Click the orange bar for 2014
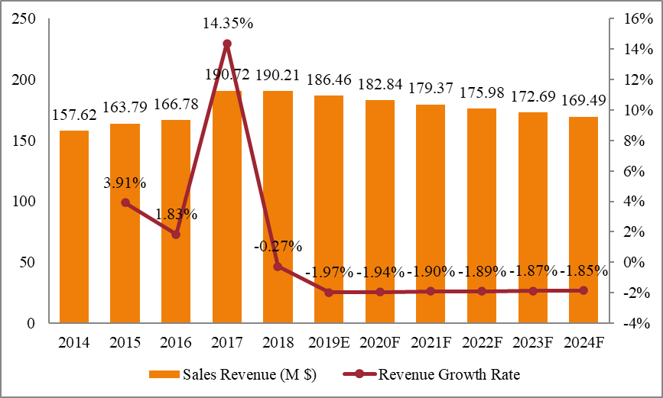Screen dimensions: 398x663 [x=74, y=227]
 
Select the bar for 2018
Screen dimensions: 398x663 [x=278, y=207]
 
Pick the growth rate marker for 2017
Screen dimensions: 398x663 [x=227, y=44]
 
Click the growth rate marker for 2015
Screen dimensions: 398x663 [x=125, y=202]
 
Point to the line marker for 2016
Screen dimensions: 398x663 [x=176, y=235]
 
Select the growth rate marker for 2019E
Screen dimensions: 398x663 [x=329, y=292]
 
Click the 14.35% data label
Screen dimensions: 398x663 [x=227, y=24]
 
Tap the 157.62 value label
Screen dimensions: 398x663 [x=74, y=115]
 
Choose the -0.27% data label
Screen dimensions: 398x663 [x=278, y=246]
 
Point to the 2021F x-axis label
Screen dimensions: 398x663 [x=431, y=342]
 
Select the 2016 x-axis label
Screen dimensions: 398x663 [x=176, y=342]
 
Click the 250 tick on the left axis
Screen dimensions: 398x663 [x=24, y=19]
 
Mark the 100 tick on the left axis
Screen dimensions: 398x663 [x=24, y=202]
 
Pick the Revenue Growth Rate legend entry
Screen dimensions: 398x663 [x=428, y=374]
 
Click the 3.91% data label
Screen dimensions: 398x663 [x=125, y=183]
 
